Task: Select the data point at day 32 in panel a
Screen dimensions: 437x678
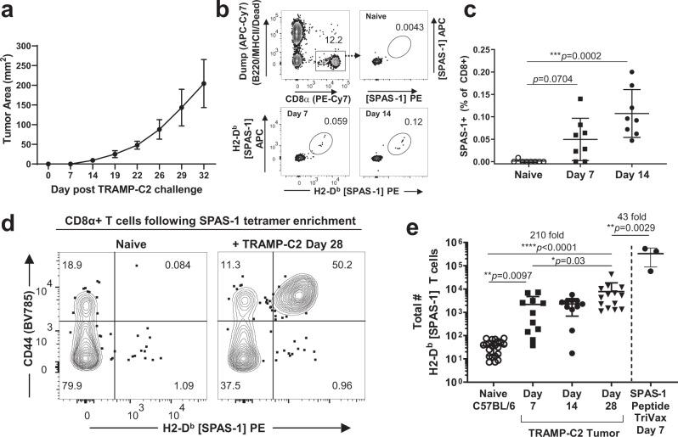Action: [x=228, y=83]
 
